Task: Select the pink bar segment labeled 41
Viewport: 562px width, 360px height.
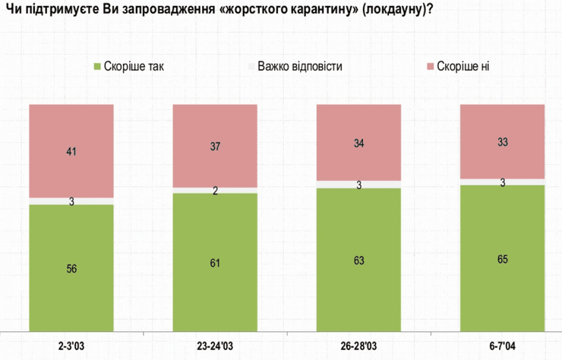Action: click(x=71, y=150)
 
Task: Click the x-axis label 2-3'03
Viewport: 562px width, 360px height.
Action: click(x=71, y=346)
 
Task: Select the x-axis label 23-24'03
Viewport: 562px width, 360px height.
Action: click(x=215, y=346)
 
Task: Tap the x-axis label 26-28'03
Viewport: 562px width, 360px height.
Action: click(x=358, y=346)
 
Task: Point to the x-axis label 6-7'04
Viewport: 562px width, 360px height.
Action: click(x=503, y=346)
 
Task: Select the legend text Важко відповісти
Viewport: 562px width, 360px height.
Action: click(x=299, y=66)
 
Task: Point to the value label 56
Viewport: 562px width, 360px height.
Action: click(x=71, y=268)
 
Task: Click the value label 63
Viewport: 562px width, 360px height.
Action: click(x=358, y=261)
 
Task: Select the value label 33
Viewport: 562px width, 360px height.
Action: click(x=503, y=141)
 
